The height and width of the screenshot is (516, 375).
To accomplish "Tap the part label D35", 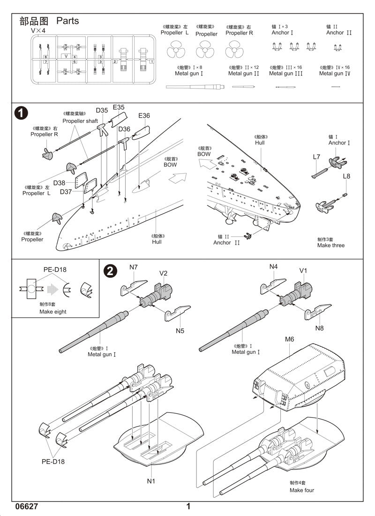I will pos(102,111).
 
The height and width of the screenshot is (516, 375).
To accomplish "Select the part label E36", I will pos(144,116).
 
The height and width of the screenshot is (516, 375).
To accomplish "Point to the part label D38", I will pos(59,183).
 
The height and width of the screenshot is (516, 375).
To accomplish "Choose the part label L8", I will pos(346,176).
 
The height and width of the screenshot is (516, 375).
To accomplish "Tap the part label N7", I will pos(134,268).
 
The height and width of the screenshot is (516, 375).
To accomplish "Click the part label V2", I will pos(163,273).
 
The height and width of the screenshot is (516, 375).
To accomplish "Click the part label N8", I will pos(319,328).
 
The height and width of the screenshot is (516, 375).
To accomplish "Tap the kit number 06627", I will pos(26,507).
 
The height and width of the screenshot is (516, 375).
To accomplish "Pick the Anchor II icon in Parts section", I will pos(337,47).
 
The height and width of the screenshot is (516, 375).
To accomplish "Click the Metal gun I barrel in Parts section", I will pos(195,86).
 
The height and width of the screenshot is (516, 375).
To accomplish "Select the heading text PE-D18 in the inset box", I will pos(55,269).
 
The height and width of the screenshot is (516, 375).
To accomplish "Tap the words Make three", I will pos(330,246).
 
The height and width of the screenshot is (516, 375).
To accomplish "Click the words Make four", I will pos(301,490).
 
